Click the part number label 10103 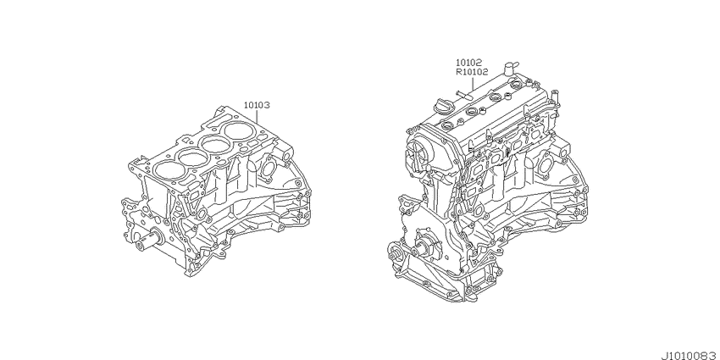coord(256,105)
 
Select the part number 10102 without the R coord(468,63)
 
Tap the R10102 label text coord(472,72)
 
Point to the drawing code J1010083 coord(690,356)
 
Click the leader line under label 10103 coord(257,118)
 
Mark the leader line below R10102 coord(473,84)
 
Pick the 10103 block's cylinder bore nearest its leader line coord(239,130)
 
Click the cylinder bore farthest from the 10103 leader coord(169,169)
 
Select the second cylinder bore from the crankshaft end coord(193,157)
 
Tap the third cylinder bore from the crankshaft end coord(216,145)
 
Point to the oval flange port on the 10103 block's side coord(267,168)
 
